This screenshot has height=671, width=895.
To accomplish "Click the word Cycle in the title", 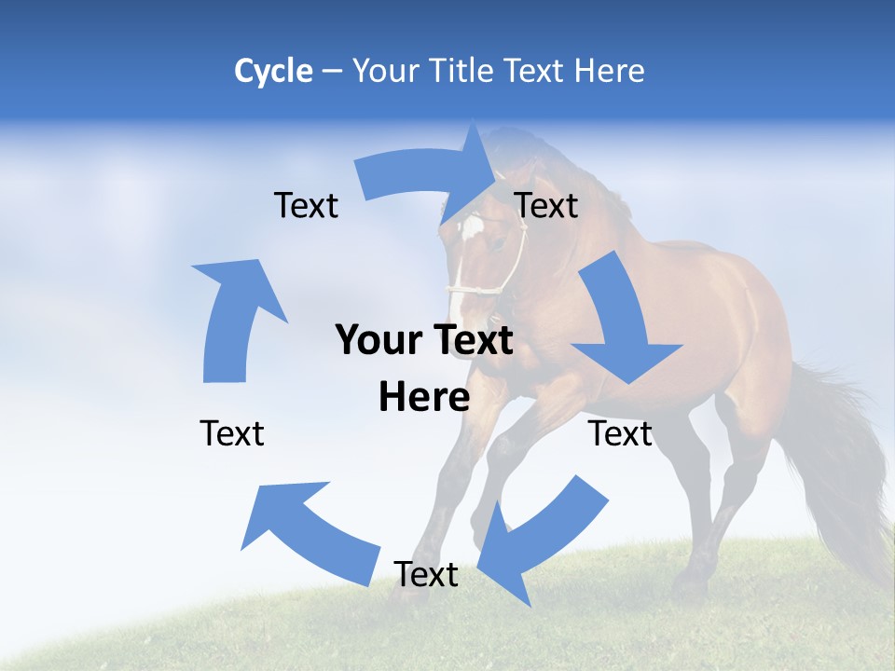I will (x=273, y=71).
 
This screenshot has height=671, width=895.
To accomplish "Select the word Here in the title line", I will (x=610, y=71).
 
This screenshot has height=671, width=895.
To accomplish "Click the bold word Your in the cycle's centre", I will (x=378, y=340).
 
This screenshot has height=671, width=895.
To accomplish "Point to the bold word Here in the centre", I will (x=424, y=398).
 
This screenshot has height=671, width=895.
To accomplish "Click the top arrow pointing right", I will (x=429, y=182).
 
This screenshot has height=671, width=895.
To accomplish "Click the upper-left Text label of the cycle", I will (x=306, y=206).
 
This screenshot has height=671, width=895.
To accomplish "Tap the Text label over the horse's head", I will (x=546, y=206).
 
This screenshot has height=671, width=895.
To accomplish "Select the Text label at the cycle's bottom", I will (x=426, y=575).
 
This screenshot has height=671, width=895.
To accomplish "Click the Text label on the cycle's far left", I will (x=232, y=433).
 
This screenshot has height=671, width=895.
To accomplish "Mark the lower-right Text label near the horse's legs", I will (x=620, y=433).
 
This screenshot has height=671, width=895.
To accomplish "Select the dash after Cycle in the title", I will (x=332, y=72).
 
